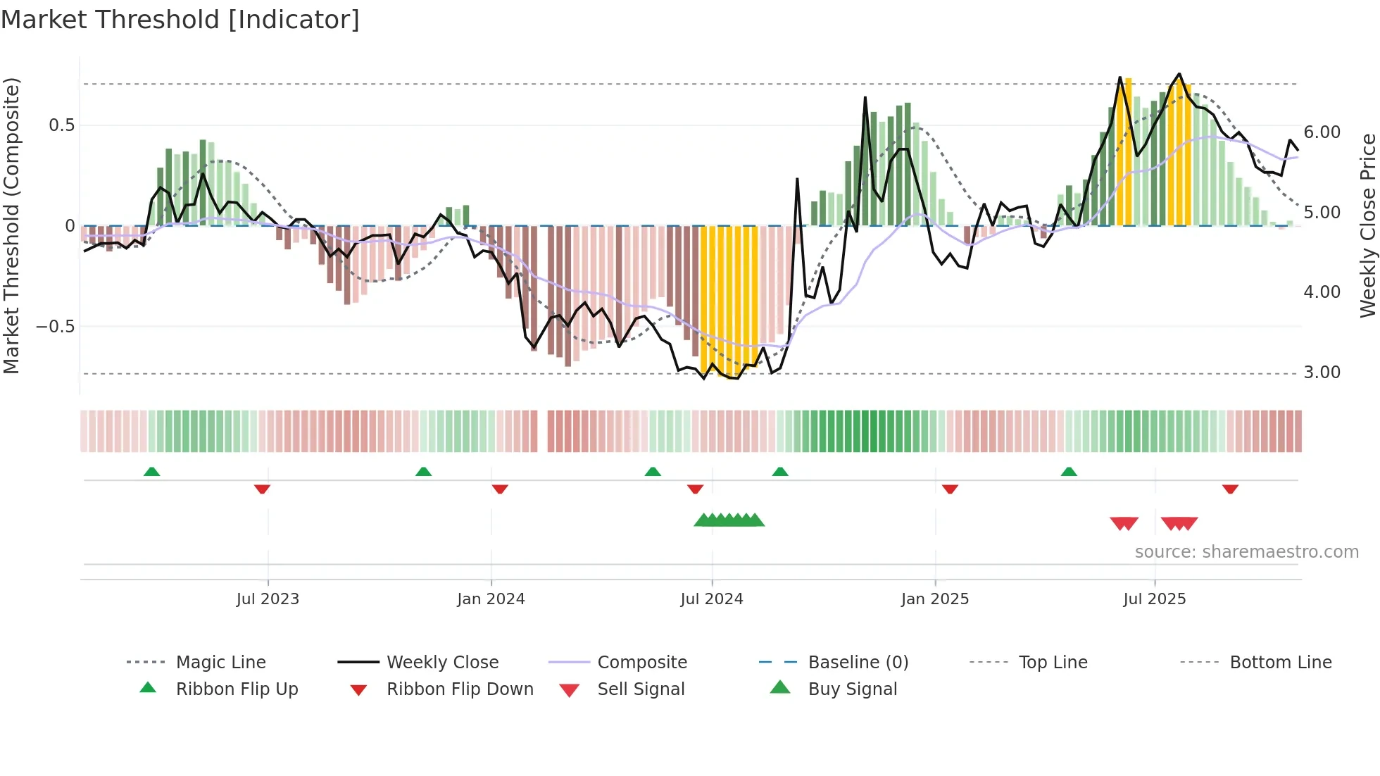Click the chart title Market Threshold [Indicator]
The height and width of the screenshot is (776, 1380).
(x=180, y=20)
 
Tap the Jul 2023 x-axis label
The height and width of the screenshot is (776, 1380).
(x=268, y=599)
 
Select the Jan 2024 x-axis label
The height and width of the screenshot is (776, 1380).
(x=491, y=599)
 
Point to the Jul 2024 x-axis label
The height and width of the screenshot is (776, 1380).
(x=712, y=599)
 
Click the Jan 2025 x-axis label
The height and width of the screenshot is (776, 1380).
(x=935, y=599)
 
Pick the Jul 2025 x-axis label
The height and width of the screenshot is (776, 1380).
(x=1155, y=599)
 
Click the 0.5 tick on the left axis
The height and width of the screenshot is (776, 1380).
(x=62, y=125)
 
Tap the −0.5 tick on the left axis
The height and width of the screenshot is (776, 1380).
(x=55, y=327)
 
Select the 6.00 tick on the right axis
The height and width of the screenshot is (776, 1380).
(x=1322, y=132)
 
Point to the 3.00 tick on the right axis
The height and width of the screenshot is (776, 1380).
(x=1322, y=373)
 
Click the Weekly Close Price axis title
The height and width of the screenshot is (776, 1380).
(x=1367, y=225)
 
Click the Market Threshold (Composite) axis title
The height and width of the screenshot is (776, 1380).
(x=11, y=225)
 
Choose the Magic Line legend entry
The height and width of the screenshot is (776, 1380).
(x=220, y=663)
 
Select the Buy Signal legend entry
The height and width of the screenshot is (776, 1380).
(x=852, y=689)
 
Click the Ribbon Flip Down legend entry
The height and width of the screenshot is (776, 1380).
(x=460, y=689)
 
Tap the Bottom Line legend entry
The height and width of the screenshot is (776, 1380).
(x=1280, y=663)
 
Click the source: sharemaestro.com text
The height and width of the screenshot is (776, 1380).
(x=1246, y=552)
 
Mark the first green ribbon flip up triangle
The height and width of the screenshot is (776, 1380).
(x=151, y=472)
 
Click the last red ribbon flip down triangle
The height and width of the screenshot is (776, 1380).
(x=1230, y=489)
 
